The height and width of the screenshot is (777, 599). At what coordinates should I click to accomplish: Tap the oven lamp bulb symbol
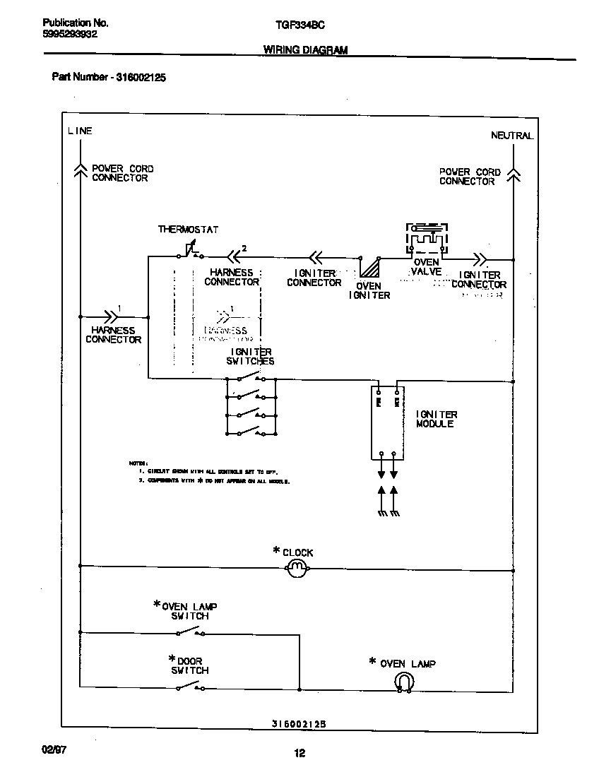tap(403, 681)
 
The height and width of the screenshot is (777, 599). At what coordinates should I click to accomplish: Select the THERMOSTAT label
tap(188, 230)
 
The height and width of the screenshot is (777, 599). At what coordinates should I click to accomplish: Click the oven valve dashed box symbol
tap(426, 240)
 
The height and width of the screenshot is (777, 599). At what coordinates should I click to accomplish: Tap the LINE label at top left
tap(80, 131)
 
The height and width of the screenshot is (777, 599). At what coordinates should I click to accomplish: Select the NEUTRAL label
tap(512, 136)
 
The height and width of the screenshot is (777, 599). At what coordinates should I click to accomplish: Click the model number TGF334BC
tap(299, 24)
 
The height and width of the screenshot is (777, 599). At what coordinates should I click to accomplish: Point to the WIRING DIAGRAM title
tap(305, 50)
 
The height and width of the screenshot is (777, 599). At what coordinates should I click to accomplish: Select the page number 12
tap(299, 753)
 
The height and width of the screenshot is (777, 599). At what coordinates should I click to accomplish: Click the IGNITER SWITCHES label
tap(250, 356)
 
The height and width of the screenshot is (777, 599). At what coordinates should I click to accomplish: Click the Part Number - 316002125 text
tap(109, 78)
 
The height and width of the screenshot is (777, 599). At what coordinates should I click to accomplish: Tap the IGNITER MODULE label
tap(436, 419)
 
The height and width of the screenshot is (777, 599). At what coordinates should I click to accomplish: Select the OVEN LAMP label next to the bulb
tap(408, 663)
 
